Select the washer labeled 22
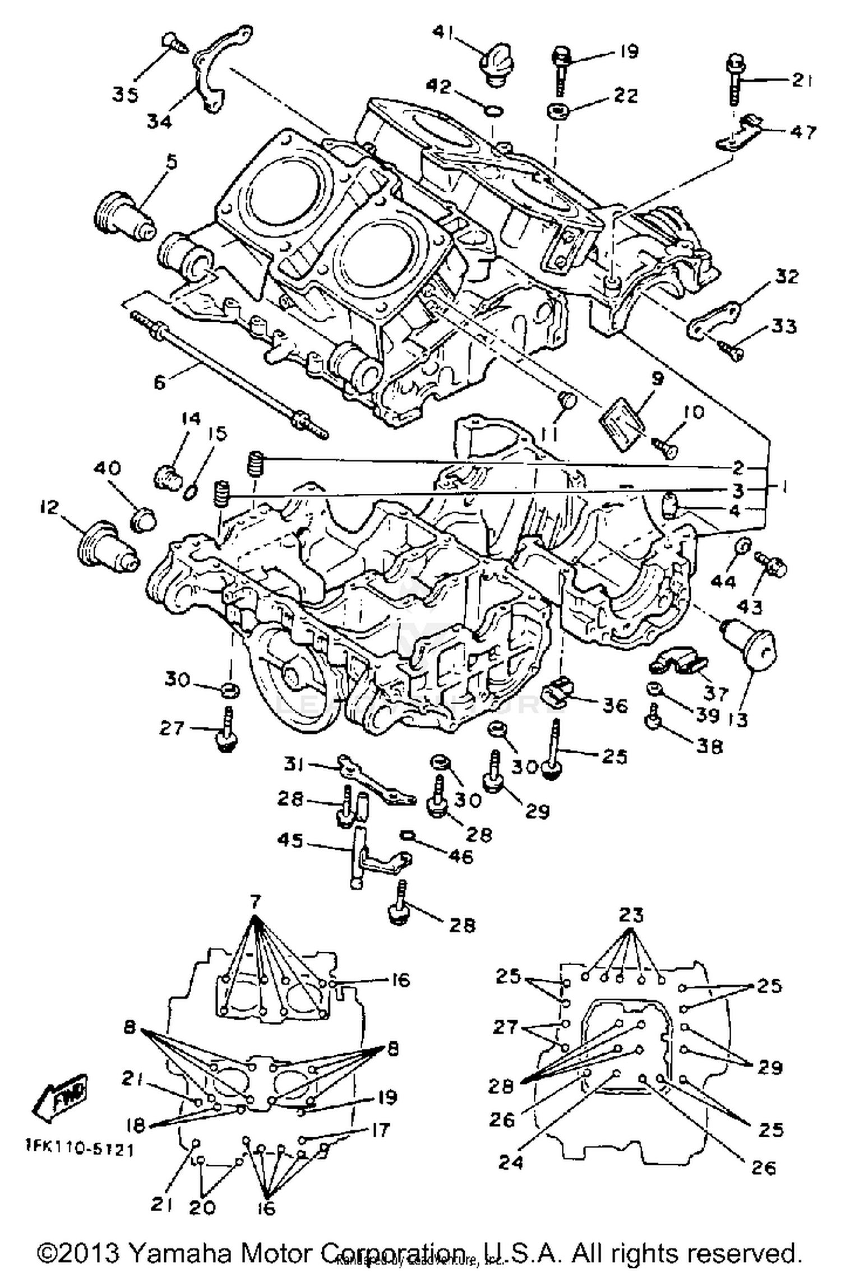coord(558,110)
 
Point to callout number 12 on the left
coord(49,508)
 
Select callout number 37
coord(716,693)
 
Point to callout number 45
coord(290,841)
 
